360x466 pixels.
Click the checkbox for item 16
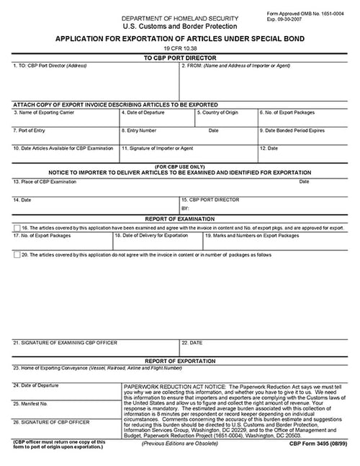(17, 227)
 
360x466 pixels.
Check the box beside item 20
(17, 254)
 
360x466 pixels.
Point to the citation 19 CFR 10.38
(179, 48)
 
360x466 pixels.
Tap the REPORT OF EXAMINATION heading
(179, 218)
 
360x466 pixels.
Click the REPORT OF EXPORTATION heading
(179, 359)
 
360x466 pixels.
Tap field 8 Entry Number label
(141, 130)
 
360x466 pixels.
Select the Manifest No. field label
(33, 403)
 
